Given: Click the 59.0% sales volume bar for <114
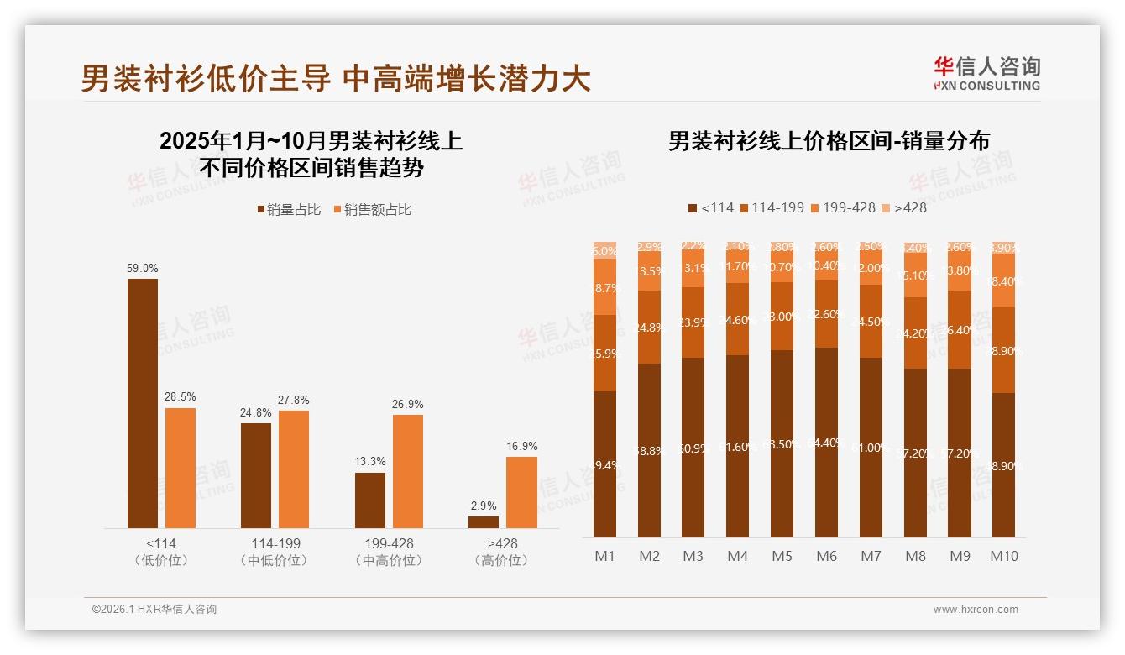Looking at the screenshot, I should pyautogui.click(x=143, y=403).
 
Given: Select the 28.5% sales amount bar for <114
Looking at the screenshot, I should pyautogui.click(x=181, y=468).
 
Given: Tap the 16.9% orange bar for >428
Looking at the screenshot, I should pyautogui.click(x=521, y=492).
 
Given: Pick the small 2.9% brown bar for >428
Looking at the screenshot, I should pyautogui.click(x=484, y=521).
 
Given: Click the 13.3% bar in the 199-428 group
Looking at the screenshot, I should pyautogui.click(x=370, y=500).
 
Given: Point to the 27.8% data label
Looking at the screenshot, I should pyautogui.click(x=294, y=400).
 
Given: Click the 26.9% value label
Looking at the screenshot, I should pyautogui.click(x=407, y=404).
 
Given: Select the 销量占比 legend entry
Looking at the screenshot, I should pyautogui.click(x=289, y=210).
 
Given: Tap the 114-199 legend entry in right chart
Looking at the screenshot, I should pyautogui.click(x=772, y=207).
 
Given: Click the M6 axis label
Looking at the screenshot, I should pyautogui.click(x=827, y=556).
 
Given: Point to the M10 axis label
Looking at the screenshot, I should pyautogui.click(x=1004, y=556).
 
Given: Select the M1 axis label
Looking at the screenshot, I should pyautogui.click(x=604, y=556).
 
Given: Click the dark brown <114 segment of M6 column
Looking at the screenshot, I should pyautogui.click(x=827, y=443).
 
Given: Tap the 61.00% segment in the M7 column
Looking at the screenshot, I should pyautogui.click(x=871, y=448).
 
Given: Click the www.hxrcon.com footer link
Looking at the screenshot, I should pyautogui.click(x=976, y=610).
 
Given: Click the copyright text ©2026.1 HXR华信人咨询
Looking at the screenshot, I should pyautogui.click(x=154, y=610).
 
